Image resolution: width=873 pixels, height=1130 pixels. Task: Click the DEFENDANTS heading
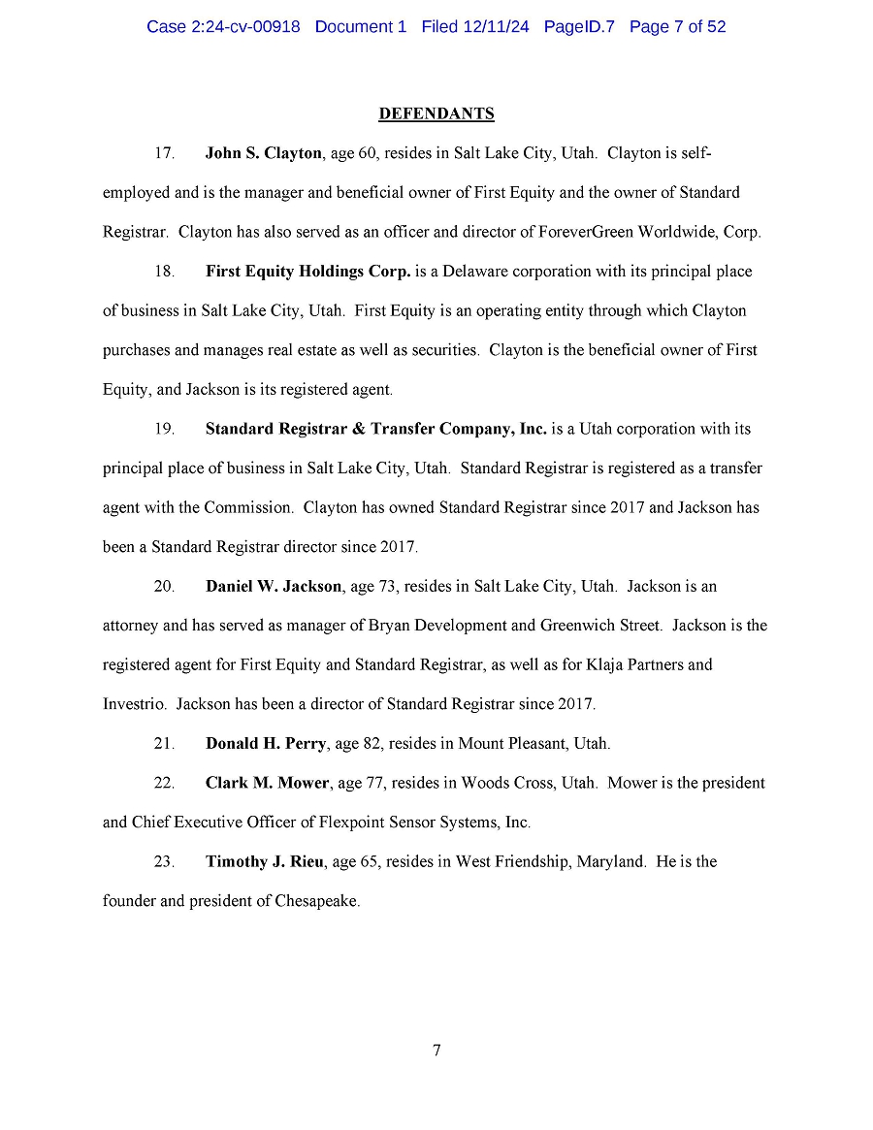click(436, 114)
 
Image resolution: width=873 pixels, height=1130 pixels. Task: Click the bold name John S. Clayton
click(263, 153)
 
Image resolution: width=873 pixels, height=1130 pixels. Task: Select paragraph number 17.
click(164, 153)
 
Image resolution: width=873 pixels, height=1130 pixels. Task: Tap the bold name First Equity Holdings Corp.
click(307, 272)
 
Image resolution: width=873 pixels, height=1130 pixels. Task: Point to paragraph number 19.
click(164, 429)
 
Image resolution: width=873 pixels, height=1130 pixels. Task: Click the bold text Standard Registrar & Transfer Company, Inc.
click(375, 429)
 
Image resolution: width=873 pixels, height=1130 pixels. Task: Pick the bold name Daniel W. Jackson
click(273, 586)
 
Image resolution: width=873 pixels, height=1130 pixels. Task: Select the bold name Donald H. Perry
click(267, 744)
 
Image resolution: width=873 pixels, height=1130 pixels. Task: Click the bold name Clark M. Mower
click(267, 783)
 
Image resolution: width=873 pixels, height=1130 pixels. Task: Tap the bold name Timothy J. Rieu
click(265, 861)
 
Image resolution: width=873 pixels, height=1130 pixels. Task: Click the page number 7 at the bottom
click(436, 1050)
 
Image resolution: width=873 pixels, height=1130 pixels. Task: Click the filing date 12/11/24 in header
click(495, 27)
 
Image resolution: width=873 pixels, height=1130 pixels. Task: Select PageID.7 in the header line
click(579, 27)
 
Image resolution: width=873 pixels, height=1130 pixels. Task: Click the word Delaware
click(477, 272)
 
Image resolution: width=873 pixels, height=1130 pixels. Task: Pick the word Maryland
click(611, 861)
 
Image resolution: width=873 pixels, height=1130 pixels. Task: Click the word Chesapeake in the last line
click(317, 901)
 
